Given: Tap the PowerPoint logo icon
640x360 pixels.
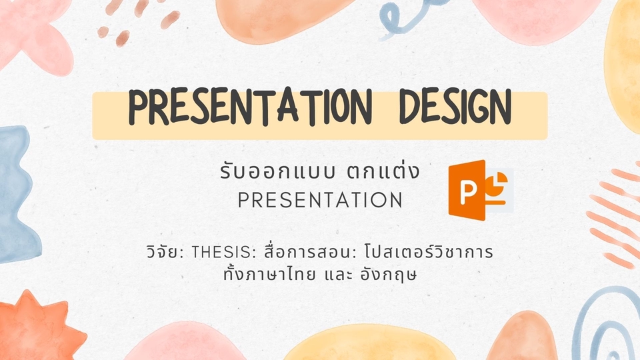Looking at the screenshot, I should point(480,192).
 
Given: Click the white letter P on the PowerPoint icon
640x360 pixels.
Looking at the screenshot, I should point(471,193).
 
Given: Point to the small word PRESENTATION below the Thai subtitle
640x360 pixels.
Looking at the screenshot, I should point(320,200).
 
